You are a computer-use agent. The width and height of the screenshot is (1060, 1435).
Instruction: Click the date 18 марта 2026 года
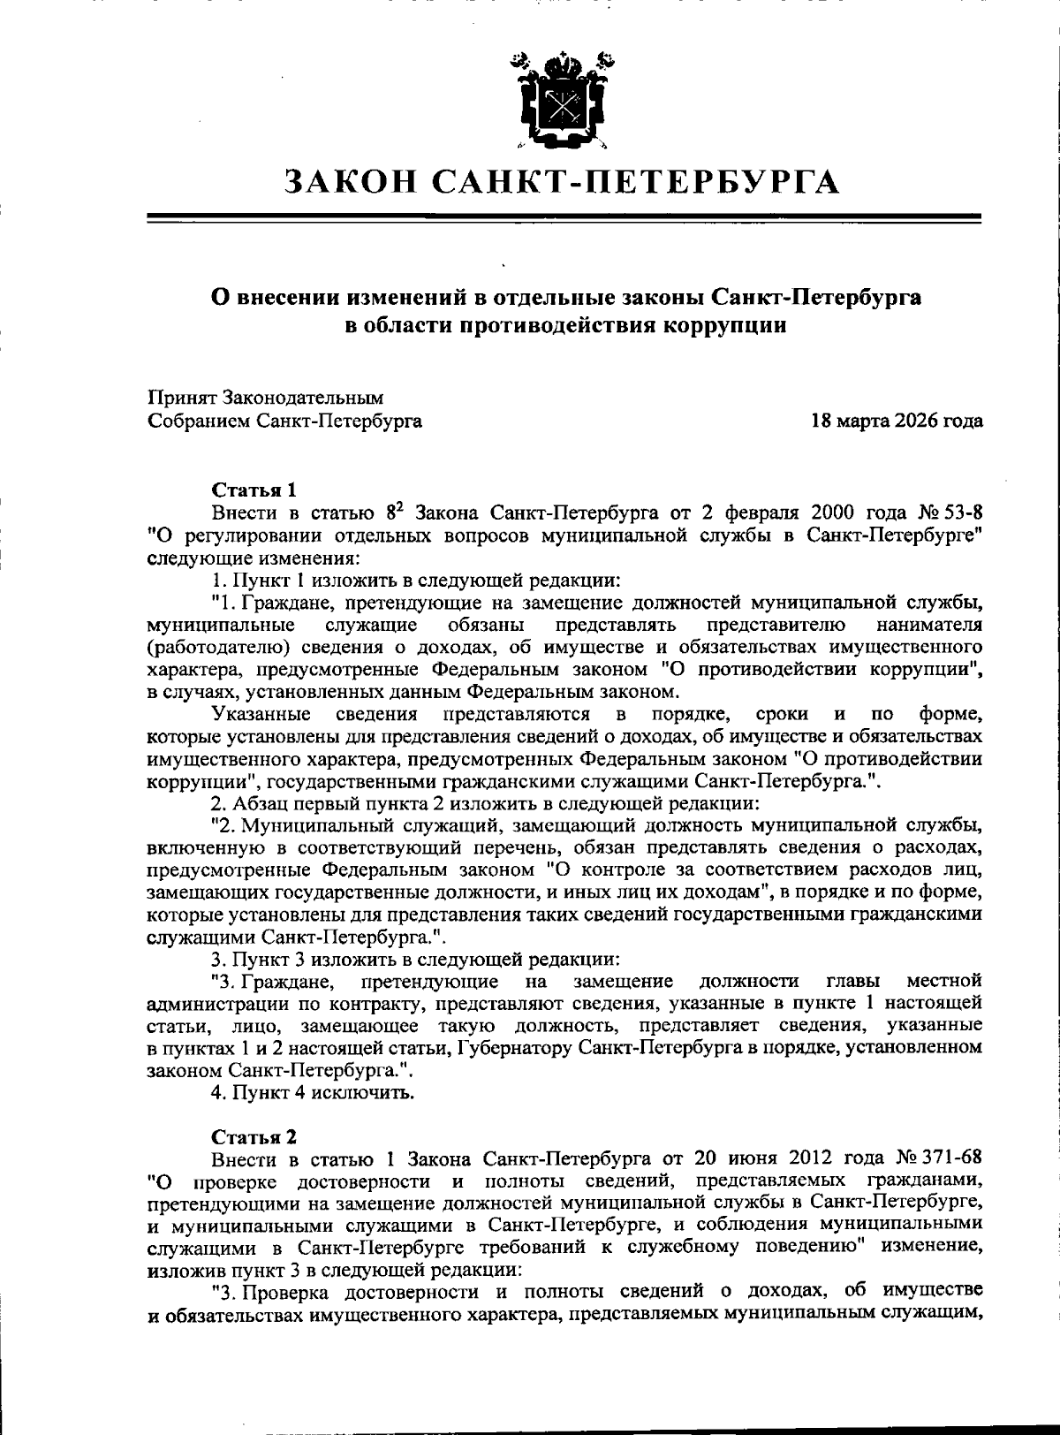tap(897, 421)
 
